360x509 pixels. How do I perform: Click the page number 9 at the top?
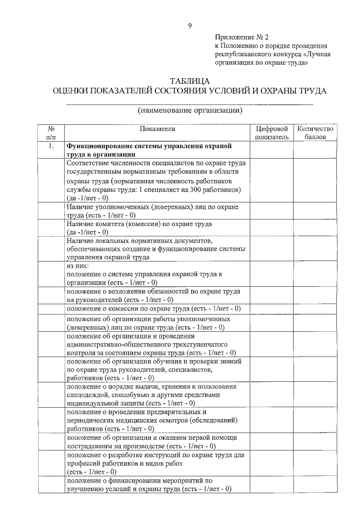(190, 26)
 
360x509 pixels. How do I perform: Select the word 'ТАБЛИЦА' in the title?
(189, 80)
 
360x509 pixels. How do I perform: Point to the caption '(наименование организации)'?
(190, 110)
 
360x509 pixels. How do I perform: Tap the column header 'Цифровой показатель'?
(272, 133)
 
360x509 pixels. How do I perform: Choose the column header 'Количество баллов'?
(315, 133)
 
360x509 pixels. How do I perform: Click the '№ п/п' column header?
(51, 133)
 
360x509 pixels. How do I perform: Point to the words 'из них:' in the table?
(78, 265)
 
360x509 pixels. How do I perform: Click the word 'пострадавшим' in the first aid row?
(89, 446)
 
